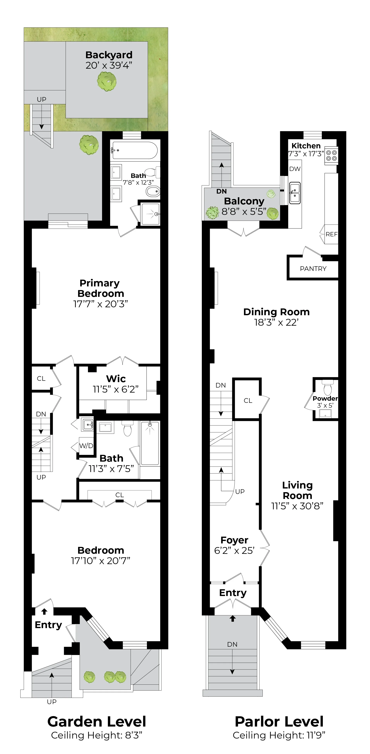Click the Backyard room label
pos(109,55)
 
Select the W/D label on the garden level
pos(86,446)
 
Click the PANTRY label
pos(313,269)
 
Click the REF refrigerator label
pos(331,234)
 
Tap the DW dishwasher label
pos(295,169)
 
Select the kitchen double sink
pos(295,193)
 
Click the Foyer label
pos(234,540)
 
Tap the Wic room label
pos(116,379)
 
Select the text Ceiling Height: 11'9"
pos(279,735)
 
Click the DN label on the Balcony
pos(221,191)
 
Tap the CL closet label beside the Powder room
pos(248,401)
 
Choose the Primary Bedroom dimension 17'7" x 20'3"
pos(100,304)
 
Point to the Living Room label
pos(297,490)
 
